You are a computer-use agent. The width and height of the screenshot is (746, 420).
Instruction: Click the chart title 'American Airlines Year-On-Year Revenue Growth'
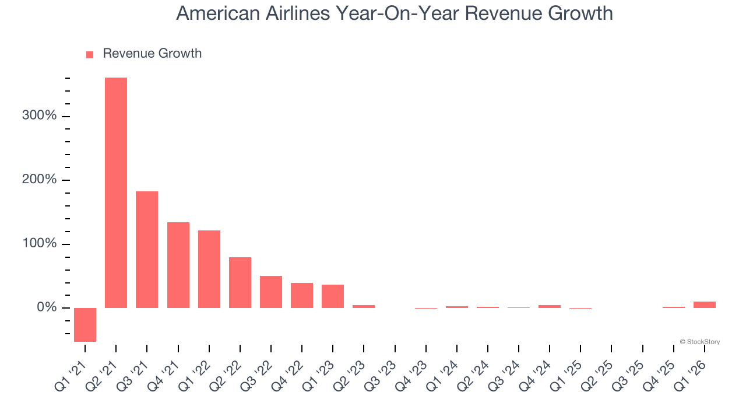coord(395,13)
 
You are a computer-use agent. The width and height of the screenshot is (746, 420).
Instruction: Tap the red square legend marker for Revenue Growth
coord(90,54)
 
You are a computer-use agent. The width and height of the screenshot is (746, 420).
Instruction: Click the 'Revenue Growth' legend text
coord(152,53)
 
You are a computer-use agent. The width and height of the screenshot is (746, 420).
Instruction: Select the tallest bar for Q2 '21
coord(116,192)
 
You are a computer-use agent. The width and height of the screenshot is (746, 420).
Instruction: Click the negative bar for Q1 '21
coord(85,324)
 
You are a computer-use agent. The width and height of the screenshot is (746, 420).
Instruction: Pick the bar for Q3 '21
coord(147,249)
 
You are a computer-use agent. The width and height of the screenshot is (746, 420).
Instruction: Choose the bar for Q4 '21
coord(178,265)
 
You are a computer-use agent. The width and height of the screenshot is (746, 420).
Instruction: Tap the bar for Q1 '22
coord(209,269)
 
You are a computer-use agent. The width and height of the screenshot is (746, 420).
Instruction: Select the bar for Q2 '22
coord(240,282)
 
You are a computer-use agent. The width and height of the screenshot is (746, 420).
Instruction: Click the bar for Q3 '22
coord(271,292)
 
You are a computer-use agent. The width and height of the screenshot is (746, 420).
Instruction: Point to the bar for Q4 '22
coord(302,295)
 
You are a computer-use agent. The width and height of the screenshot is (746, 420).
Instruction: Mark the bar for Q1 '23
coord(333,296)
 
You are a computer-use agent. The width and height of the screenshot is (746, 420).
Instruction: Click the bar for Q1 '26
coord(705,304)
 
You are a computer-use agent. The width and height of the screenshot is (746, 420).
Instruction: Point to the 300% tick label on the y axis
coord(40,116)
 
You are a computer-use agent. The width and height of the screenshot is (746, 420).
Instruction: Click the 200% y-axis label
coord(40,180)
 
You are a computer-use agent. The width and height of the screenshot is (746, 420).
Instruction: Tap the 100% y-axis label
coord(40,243)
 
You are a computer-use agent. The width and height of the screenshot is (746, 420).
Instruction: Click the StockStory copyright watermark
coord(699,342)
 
